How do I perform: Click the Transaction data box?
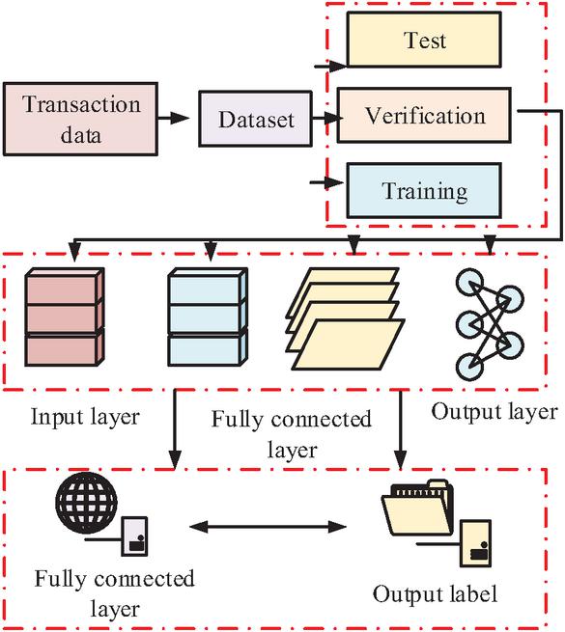point(80,119)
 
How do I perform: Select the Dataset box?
point(256,119)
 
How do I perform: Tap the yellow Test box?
point(424,40)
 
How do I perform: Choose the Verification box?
point(424,115)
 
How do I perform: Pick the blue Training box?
point(424,191)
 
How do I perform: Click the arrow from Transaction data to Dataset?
point(174,119)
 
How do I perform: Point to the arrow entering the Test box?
point(330,66)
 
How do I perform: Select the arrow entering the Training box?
point(326,182)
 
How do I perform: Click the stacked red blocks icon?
point(65,317)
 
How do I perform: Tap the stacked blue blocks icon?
point(208,317)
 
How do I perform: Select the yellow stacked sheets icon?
point(345,318)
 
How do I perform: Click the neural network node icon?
point(490,324)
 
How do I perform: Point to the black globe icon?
point(86,503)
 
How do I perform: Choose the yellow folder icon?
point(418,508)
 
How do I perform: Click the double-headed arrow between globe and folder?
point(268,527)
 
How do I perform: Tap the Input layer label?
point(85,417)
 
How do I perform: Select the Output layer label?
point(494,412)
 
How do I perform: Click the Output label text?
point(435,593)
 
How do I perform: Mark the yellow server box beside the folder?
point(476,544)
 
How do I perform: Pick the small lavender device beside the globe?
point(135,536)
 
